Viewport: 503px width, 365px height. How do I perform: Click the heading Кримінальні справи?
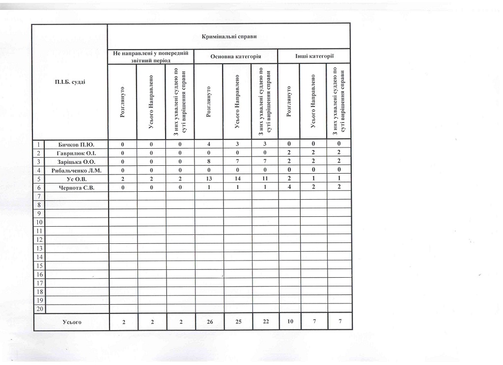point(229,36)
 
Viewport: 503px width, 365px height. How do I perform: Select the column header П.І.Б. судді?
point(70,81)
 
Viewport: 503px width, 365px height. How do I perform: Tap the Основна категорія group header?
point(235,56)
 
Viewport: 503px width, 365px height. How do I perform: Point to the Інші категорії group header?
point(314,56)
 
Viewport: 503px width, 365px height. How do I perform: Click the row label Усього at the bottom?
point(72,322)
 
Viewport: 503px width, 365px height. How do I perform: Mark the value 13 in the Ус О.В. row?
point(209,179)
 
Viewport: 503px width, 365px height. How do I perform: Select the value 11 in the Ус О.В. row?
point(265,179)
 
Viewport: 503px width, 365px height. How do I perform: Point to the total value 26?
point(209,322)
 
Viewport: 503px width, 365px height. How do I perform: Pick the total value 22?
point(265,322)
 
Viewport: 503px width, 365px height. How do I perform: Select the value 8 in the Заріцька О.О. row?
point(209,162)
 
